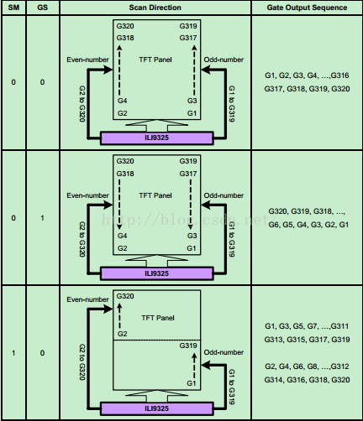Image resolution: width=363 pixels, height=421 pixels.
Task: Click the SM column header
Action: pos(13,8)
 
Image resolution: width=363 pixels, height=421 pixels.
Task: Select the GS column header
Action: pos(42,8)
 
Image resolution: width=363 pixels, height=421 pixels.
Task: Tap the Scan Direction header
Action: pos(155,8)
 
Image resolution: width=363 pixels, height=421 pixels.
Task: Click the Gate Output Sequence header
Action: pos(307,8)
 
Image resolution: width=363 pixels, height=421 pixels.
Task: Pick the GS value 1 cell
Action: pos(42,218)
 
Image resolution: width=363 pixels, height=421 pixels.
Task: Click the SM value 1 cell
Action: pos(13,353)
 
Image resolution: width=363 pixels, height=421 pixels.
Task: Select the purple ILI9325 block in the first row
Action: pos(156,138)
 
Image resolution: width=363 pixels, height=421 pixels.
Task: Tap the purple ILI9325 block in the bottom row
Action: pos(156,408)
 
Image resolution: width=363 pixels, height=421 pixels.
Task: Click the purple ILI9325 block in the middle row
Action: pos(156,273)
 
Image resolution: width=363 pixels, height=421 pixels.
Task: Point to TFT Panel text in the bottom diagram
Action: pos(158,318)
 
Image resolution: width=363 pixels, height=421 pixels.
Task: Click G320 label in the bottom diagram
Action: pos(125,296)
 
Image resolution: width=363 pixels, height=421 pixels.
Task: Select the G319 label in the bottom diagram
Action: pos(188,346)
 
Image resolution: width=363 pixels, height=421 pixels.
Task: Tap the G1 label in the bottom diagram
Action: pos(192,383)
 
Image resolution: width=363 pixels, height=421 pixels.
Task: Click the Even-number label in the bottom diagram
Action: pos(87,299)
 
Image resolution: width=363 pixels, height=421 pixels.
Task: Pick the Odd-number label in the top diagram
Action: pos(224,60)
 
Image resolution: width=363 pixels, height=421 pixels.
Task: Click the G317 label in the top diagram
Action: pos(188,38)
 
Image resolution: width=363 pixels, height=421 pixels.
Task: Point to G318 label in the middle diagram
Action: pos(125,174)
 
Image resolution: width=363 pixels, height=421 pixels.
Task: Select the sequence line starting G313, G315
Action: pos(307,340)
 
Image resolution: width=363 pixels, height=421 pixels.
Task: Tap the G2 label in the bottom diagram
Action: pos(123,334)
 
